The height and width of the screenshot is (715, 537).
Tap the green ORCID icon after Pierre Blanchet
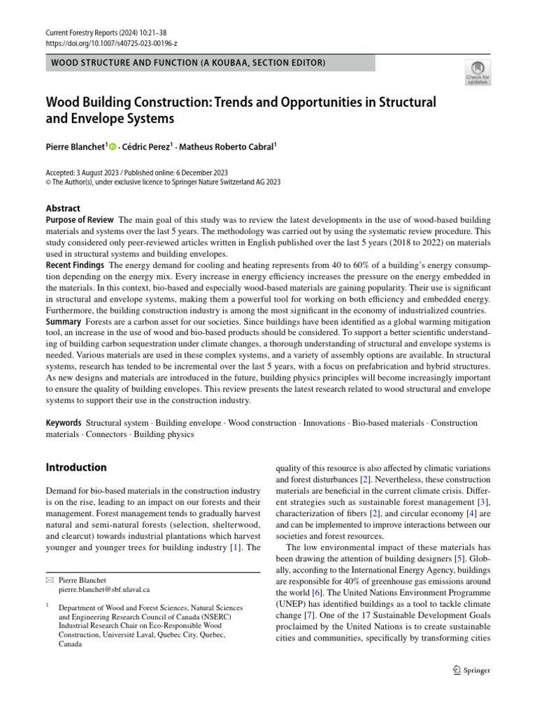(x=112, y=147)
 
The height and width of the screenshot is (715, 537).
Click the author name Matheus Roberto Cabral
(x=226, y=147)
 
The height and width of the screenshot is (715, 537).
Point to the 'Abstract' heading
(x=63, y=208)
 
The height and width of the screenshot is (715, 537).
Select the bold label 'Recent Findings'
(x=75, y=265)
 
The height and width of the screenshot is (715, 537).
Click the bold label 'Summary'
(x=64, y=321)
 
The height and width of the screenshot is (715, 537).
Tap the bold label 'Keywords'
(x=64, y=423)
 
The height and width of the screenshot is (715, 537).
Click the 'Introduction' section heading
(x=76, y=468)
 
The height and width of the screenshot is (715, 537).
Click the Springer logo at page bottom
(x=471, y=670)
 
